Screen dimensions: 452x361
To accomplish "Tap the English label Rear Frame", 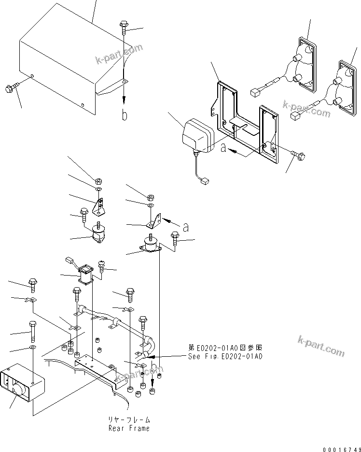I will pyautogui.click(x=129, y=428).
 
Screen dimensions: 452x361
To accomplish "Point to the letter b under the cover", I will pyautogui.click(x=125, y=116).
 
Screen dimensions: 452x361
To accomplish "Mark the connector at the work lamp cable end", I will pyautogui.click(x=204, y=182).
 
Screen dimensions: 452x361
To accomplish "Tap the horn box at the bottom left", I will pyautogui.click(x=22, y=384).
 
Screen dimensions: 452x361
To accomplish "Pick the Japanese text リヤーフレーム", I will pyautogui.click(x=129, y=420).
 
